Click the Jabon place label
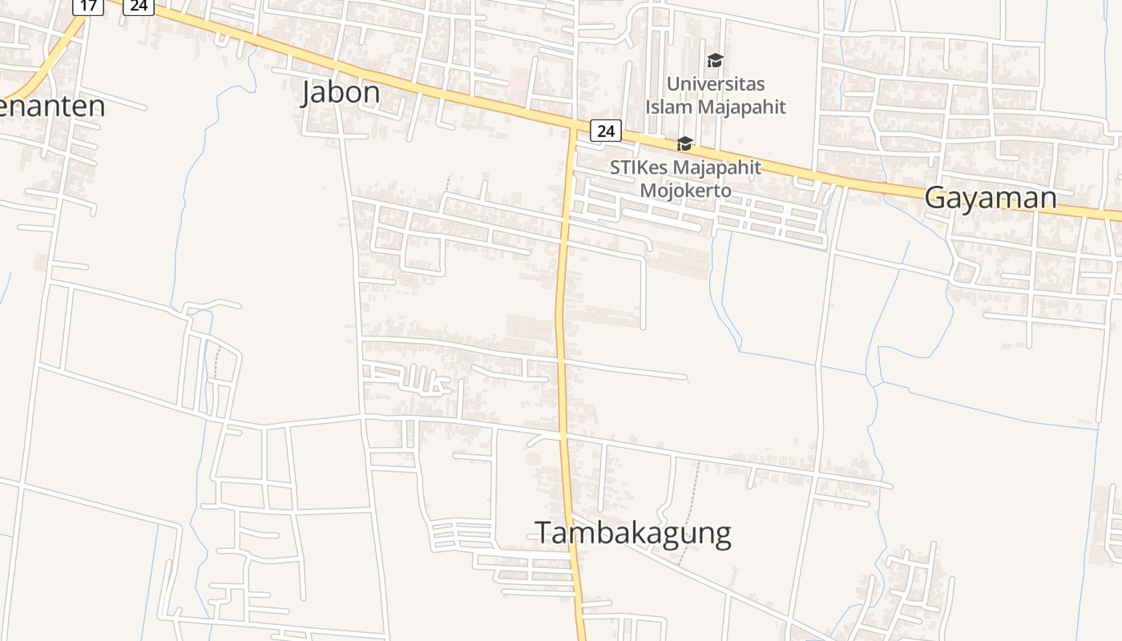pyautogui.click(x=341, y=93)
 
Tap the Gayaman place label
pyautogui.click(x=991, y=197)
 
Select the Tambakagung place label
pyautogui.click(x=632, y=533)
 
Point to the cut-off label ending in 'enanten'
pyautogui.click(x=53, y=106)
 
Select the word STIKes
pyautogui.click(x=639, y=167)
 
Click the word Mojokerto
pyautogui.click(x=685, y=191)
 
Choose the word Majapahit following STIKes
pyautogui.click(x=717, y=167)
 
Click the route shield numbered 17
pyautogui.click(x=88, y=6)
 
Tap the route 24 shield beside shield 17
pyautogui.click(x=139, y=6)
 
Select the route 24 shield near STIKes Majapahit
pyautogui.click(x=606, y=131)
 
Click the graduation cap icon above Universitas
pyautogui.click(x=715, y=61)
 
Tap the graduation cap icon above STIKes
pyautogui.click(x=684, y=144)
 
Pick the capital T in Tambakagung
pyautogui.click(x=543, y=533)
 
